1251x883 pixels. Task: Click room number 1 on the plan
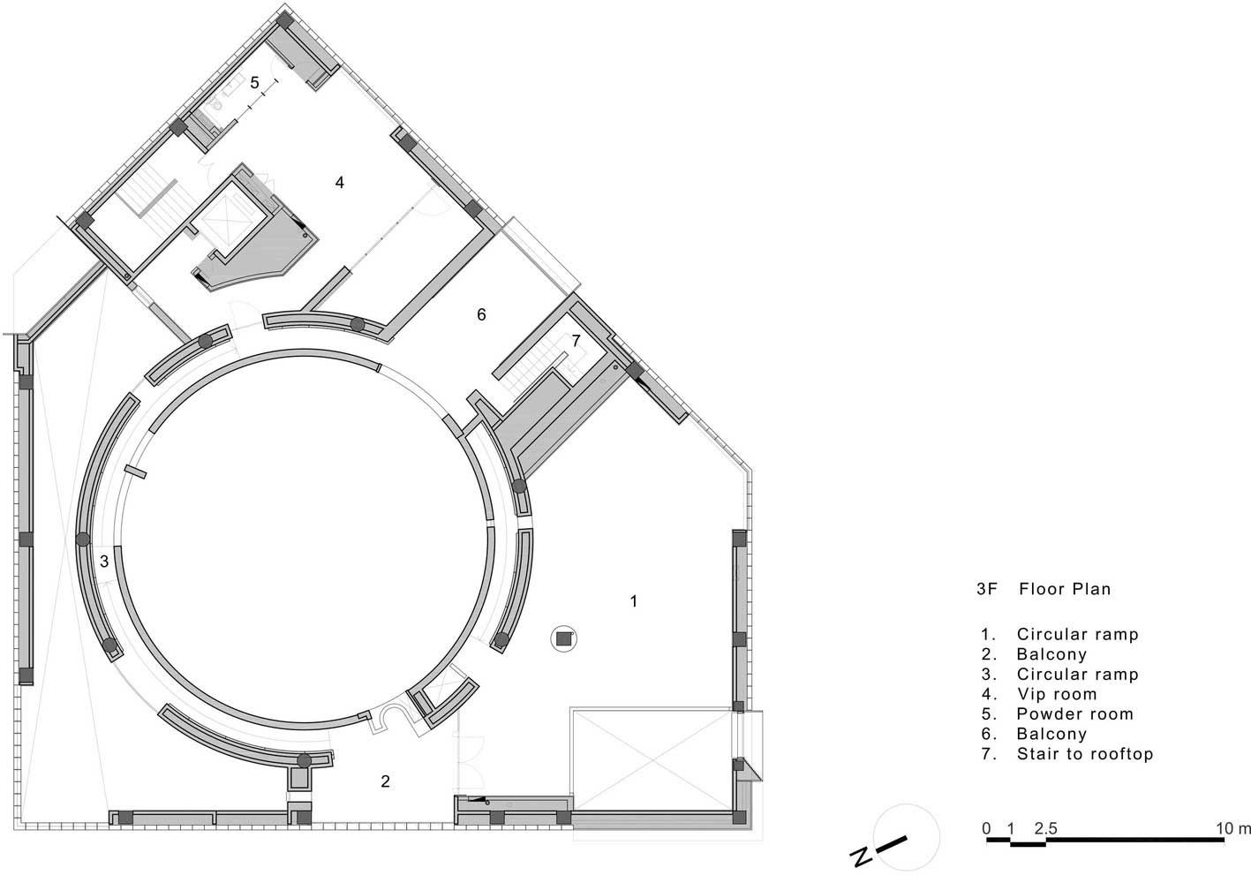click(x=633, y=601)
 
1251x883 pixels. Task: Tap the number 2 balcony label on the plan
click(x=385, y=781)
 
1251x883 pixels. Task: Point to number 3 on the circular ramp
click(x=104, y=561)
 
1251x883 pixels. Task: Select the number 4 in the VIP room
click(x=340, y=182)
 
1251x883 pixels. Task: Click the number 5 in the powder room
click(x=254, y=83)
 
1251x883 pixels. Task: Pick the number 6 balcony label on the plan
click(x=481, y=314)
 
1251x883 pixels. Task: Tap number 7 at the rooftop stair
click(x=576, y=340)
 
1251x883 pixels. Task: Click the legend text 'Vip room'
click(x=1057, y=694)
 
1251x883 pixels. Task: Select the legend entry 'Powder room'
click(x=1075, y=713)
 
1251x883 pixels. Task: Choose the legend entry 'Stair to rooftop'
click(x=1085, y=754)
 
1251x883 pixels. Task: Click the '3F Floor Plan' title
click(x=1044, y=589)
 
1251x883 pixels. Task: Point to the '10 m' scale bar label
click(x=1233, y=828)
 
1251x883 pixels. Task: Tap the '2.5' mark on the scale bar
click(x=1045, y=828)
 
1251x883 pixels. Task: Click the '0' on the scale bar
click(x=987, y=828)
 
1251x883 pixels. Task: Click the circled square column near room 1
click(x=563, y=639)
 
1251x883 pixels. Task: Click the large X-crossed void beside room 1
click(x=651, y=759)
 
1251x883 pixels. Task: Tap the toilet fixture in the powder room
click(x=217, y=104)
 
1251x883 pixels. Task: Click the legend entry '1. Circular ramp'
click(x=1059, y=635)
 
